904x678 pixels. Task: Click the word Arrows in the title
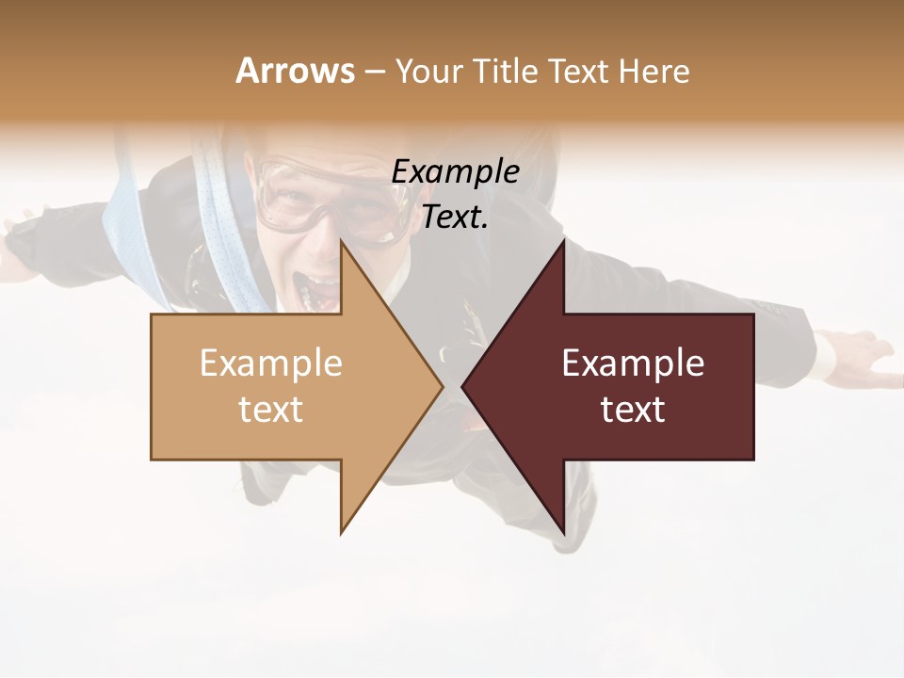[x=296, y=71]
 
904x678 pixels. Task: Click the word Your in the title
[x=428, y=71]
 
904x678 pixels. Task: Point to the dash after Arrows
[x=374, y=72]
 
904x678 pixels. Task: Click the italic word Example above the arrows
[x=455, y=171]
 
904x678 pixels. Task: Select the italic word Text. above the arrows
[x=455, y=218]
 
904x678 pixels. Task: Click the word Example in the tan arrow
[x=271, y=363]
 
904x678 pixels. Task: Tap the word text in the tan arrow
[x=271, y=410]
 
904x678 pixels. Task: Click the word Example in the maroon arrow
[x=633, y=363]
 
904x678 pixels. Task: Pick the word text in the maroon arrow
[x=633, y=410]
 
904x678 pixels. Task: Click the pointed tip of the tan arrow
[x=442, y=386]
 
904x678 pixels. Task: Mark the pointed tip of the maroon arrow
[x=463, y=386]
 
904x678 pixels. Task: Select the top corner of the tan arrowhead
[x=342, y=240]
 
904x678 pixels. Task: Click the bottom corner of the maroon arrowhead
[x=563, y=531]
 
